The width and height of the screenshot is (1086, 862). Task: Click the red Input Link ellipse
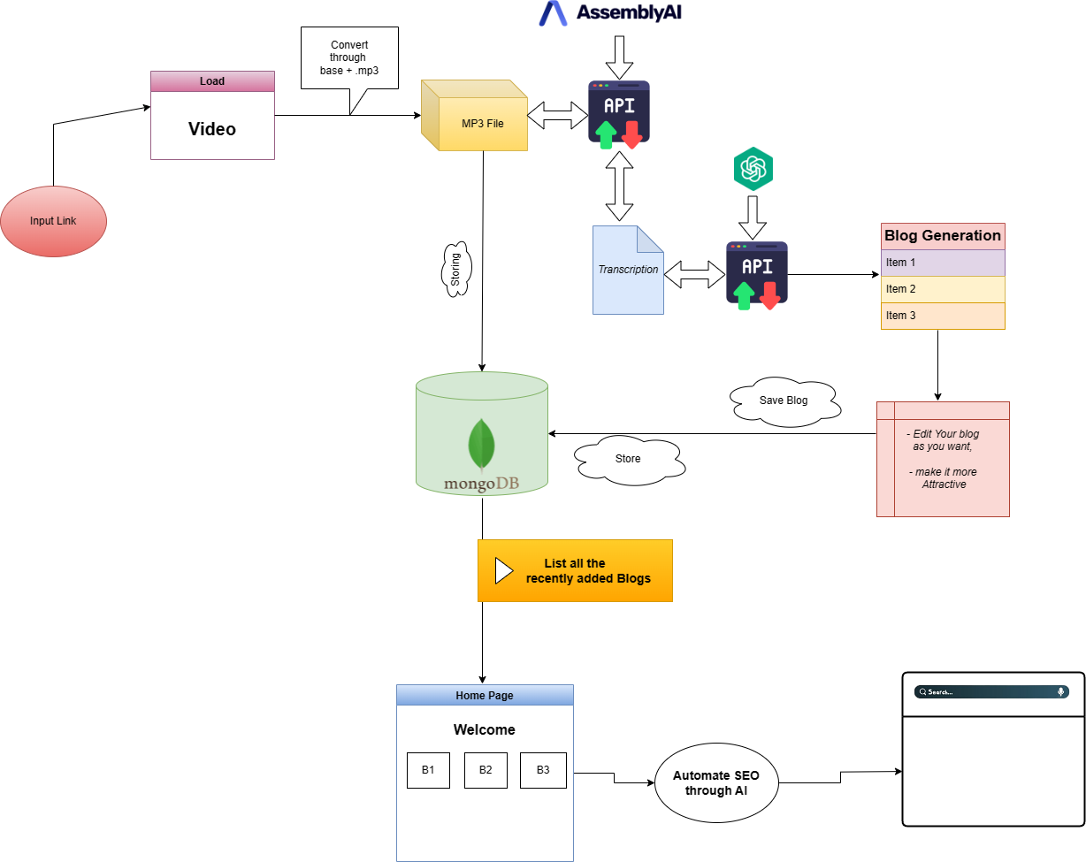[x=53, y=221]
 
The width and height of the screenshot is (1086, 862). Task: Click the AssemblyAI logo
[x=611, y=13]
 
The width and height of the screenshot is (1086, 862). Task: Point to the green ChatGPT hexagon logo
[x=753, y=169]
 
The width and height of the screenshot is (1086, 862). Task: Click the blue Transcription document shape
[x=628, y=270]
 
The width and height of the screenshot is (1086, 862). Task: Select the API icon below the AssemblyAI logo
[x=619, y=112]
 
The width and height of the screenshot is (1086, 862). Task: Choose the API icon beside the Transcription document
[x=757, y=275]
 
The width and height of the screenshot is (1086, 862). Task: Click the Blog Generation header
[x=943, y=236]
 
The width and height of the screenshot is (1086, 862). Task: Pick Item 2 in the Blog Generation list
[x=943, y=289]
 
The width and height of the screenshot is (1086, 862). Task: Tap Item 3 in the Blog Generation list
[x=943, y=316]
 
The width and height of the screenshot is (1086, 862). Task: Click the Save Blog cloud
[x=784, y=401]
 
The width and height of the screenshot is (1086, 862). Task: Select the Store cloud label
[x=628, y=459]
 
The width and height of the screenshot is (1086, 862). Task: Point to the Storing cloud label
[x=456, y=269]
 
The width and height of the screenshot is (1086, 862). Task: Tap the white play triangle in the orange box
[x=503, y=570]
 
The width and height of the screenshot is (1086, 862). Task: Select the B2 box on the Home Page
[x=486, y=770]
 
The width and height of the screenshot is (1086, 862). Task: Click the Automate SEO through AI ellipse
[x=716, y=782]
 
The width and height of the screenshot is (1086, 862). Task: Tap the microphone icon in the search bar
[x=1060, y=692]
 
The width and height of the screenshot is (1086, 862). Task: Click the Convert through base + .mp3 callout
[x=349, y=57]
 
